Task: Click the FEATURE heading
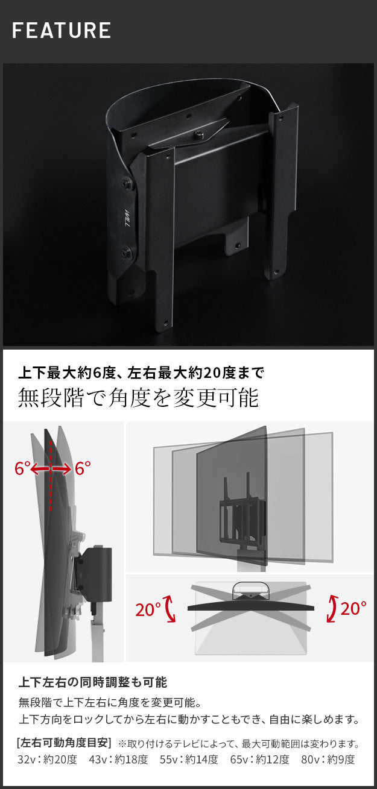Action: (x=62, y=30)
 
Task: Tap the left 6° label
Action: (x=22, y=468)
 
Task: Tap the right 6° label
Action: (x=83, y=468)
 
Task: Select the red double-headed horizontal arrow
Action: (x=52, y=469)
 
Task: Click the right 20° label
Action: (x=353, y=608)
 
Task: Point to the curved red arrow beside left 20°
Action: (x=169, y=609)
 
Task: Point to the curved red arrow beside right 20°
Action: (x=331, y=608)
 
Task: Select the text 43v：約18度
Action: (x=118, y=759)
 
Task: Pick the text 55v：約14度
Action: (x=189, y=759)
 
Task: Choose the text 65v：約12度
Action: (x=259, y=759)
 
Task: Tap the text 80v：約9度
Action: (x=328, y=759)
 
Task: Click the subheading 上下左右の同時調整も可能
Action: (x=92, y=682)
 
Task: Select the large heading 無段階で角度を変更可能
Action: (x=138, y=398)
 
